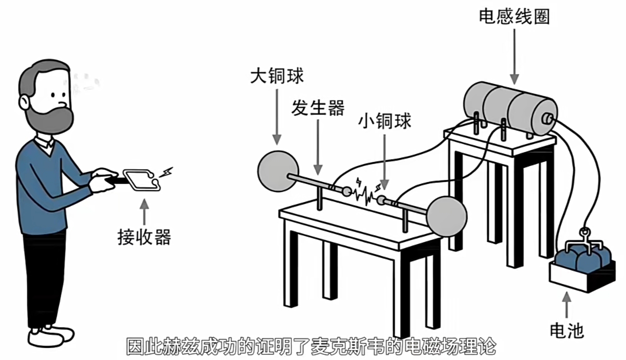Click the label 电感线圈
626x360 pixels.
click(514, 16)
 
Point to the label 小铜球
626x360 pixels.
click(384, 121)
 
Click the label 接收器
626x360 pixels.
click(144, 236)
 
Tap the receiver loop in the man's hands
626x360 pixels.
click(141, 179)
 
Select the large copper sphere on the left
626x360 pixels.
click(278, 171)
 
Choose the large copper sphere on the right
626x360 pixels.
click(446, 216)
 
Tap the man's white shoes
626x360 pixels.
click(50, 335)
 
